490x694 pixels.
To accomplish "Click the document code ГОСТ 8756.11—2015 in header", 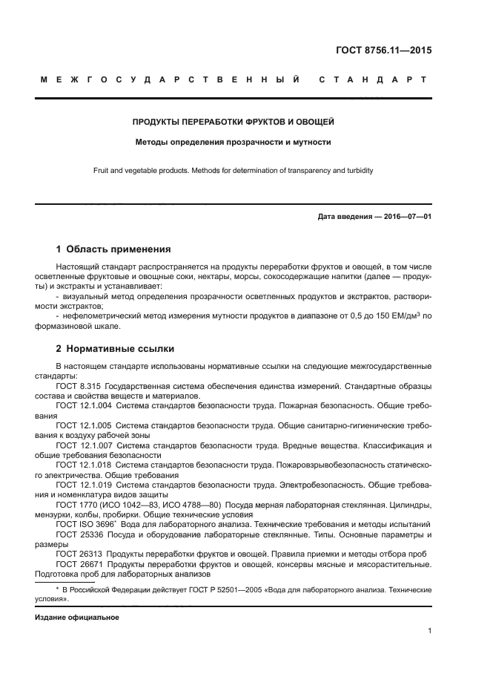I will pos(383,51).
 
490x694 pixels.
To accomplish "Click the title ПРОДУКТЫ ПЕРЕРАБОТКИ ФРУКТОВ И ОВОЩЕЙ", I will pos(233,121).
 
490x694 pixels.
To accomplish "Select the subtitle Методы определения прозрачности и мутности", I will pos(233,142).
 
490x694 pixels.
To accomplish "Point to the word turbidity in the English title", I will pos(357,170).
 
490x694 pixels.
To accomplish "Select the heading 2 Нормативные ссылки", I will pos(116,347).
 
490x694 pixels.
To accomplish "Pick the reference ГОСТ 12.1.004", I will pos(82,406).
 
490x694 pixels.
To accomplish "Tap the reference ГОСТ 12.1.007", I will pos(82,445).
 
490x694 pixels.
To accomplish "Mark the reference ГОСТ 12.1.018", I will pos(82,465).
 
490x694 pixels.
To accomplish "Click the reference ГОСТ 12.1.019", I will pos(82,485).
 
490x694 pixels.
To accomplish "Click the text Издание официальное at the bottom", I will pos(77,617).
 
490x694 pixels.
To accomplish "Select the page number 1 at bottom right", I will pos(429,632).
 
